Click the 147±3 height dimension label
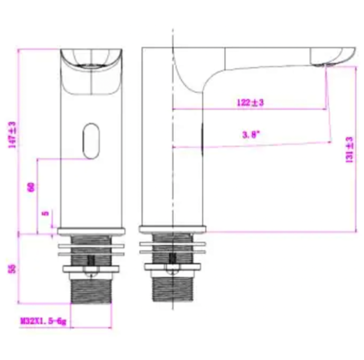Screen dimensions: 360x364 pyautogui.click(x=11, y=135)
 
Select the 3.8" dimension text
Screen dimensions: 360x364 pyautogui.click(x=249, y=135)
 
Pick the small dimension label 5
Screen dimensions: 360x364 pyautogui.click(x=45, y=214)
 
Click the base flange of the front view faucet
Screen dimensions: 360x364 pyautogui.click(x=92, y=230)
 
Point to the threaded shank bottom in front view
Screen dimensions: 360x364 pyautogui.click(x=92, y=290)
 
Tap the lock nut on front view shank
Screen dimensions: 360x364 pyautogui.click(x=92, y=270)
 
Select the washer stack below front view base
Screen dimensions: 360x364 pyautogui.click(x=92, y=248)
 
